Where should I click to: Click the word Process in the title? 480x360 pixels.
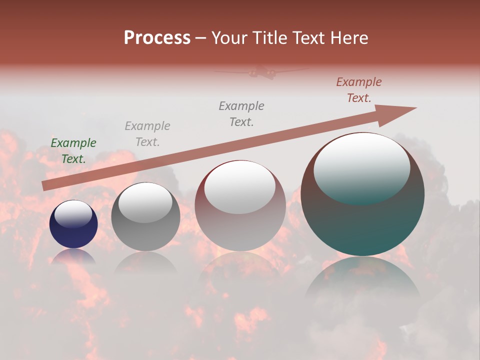click(x=157, y=37)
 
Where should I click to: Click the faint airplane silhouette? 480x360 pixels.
click(x=261, y=72)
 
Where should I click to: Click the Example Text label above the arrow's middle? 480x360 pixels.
click(x=241, y=114)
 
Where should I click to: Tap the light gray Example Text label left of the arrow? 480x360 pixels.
click(x=147, y=134)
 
